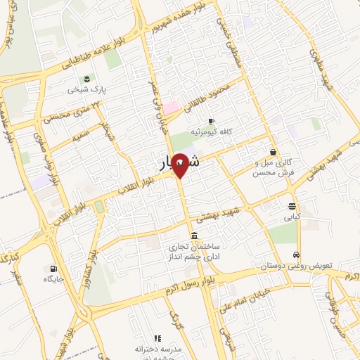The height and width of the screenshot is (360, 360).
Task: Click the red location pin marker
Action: coord(180,165)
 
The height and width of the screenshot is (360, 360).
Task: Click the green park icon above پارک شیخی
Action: coord(85,78)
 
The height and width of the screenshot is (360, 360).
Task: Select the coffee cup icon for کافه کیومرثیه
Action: coord(210,121)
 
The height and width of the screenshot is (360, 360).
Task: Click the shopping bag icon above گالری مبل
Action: coord(273,152)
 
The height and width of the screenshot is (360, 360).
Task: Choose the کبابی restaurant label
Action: coord(292,217)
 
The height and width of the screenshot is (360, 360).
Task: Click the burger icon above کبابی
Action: coord(292,206)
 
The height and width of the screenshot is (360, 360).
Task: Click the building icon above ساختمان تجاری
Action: coord(194,235)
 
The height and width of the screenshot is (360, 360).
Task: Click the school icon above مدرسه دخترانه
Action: coord(157,338)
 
